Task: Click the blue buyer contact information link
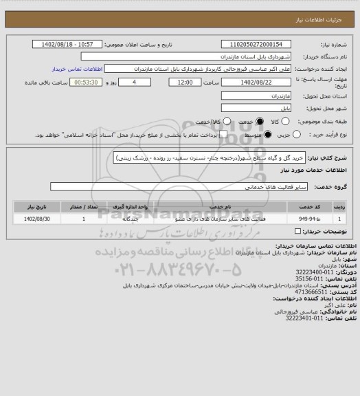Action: [73, 69]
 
